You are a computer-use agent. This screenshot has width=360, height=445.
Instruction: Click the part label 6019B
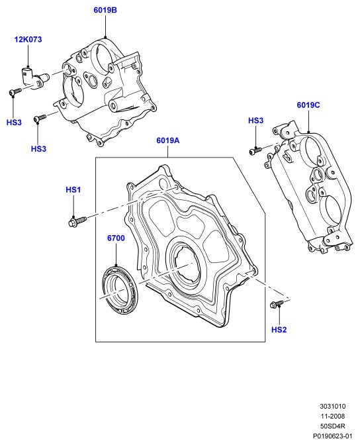tap(105, 10)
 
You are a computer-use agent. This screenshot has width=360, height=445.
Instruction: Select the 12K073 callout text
tap(28, 40)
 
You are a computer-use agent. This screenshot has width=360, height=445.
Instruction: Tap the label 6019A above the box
tap(168, 140)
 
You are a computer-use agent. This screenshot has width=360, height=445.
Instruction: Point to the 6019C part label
tap(308, 105)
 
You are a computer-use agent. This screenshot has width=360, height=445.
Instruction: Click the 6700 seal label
tap(116, 238)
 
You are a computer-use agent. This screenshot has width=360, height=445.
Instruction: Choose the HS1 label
tap(73, 190)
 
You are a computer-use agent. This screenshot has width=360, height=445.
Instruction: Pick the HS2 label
tap(279, 330)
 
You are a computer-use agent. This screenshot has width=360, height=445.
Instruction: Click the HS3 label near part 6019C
tap(256, 121)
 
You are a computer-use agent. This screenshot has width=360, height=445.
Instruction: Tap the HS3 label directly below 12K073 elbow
tap(14, 123)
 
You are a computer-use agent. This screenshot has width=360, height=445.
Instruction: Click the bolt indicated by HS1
tap(77, 221)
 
